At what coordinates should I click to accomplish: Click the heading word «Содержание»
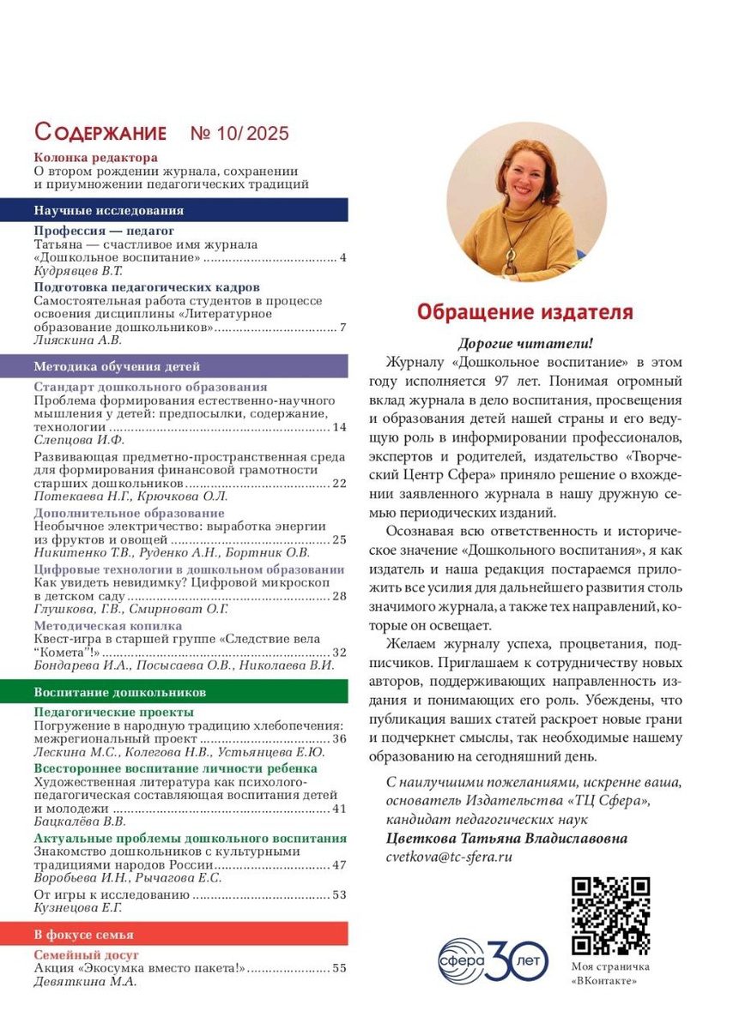pos(100,133)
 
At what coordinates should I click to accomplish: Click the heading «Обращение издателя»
pos(524,311)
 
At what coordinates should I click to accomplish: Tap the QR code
pos(610,914)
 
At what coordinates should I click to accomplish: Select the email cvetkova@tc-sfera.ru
pos(449,856)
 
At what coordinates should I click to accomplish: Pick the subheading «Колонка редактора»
pos(95,158)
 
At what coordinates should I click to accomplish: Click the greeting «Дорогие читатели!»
pos(525,343)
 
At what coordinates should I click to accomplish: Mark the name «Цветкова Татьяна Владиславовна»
pos(506,838)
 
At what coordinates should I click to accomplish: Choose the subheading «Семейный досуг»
pos(86,954)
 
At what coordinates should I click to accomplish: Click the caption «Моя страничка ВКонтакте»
pos(610,973)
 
